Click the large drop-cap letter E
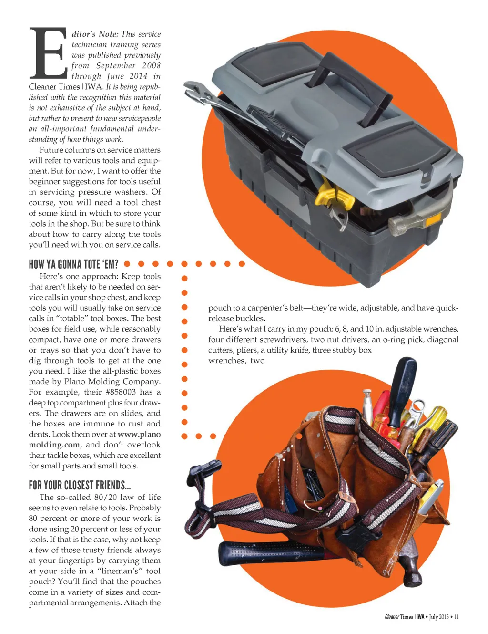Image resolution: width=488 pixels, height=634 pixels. pyautogui.click(x=48, y=53)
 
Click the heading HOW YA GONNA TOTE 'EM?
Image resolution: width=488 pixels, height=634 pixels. pyautogui.click(x=74, y=264)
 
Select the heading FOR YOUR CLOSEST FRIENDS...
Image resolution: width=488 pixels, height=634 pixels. pyautogui.click(x=80, y=485)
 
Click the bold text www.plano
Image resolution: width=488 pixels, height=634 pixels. pyautogui.click(x=139, y=434)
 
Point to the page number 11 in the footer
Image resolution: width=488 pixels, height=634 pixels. pyautogui.click(x=456, y=617)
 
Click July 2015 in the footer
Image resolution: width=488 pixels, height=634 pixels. pyautogui.click(x=439, y=617)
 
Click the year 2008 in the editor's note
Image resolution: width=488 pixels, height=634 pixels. pyautogui.click(x=151, y=65)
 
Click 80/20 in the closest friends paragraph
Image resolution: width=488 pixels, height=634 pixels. pyautogui.click(x=105, y=497)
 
